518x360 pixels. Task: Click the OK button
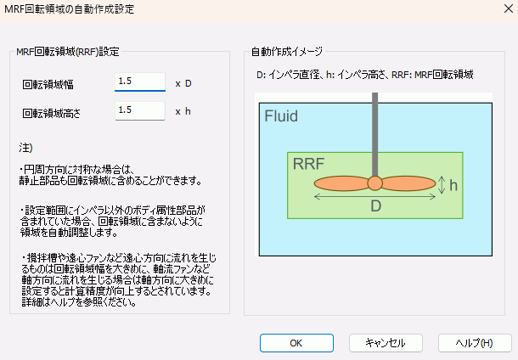tap(296, 343)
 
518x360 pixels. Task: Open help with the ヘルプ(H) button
tap(474, 343)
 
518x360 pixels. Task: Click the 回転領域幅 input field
tap(139, 82)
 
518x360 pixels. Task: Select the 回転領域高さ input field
tap(139, 110)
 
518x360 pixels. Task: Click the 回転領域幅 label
tap(49, 84)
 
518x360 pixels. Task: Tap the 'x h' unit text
tap(183, 111)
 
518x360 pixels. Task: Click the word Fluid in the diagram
tap(281, 116)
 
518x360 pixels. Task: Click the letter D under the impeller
tap(374, 206)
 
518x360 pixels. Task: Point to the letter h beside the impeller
tap(454, 184)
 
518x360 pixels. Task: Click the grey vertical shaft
tap(374, 127)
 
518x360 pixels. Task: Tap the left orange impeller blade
tap(341, 183)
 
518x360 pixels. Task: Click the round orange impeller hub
tap(374, 183)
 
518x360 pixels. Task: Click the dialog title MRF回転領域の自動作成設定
tap(71, 9)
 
